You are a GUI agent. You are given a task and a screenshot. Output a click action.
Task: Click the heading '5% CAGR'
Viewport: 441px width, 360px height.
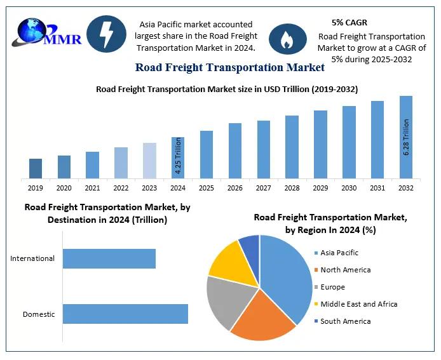[349, 23]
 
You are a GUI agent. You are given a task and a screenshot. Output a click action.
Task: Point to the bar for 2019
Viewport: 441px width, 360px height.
[36, 168]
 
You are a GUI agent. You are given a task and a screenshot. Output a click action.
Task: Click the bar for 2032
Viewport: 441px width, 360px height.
[405, 137]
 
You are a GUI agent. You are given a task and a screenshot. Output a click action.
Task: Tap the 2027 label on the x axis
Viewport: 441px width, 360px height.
[263, 188]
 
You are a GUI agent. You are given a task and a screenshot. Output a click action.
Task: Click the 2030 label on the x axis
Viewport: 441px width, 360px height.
[349, 188]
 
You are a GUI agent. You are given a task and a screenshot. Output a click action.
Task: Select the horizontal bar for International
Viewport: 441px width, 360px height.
[109, 258]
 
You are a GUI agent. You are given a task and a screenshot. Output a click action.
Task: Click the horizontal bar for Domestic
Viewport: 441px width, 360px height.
[125, 314]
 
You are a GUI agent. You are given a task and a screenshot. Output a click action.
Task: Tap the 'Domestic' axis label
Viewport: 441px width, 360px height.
[39, 314]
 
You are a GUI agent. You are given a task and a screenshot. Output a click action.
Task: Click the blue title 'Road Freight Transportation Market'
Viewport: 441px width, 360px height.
[229, 67]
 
